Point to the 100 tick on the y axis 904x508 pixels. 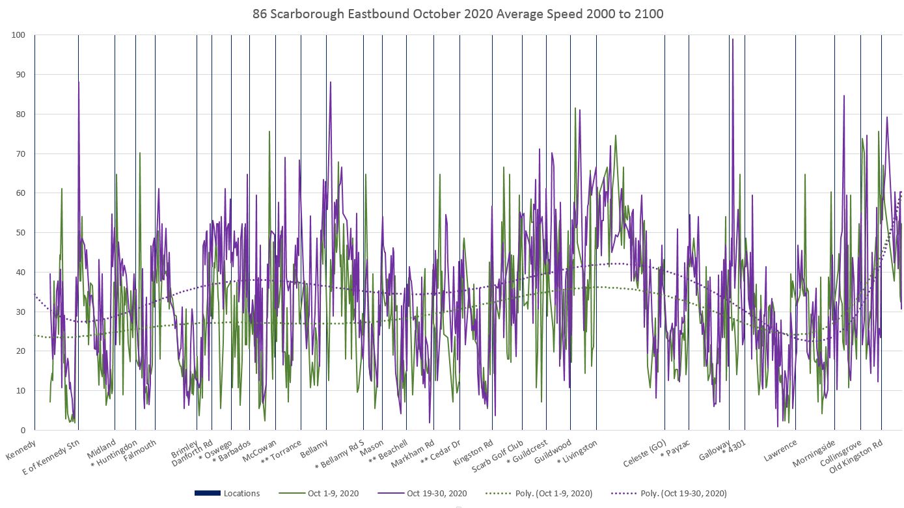point(18,34)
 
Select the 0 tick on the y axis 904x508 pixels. point(23,430)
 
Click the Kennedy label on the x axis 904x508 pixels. point(20,449)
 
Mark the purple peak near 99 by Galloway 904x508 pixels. point(733,39)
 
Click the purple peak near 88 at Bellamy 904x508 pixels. point(331,82)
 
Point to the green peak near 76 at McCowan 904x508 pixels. point(269,131)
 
